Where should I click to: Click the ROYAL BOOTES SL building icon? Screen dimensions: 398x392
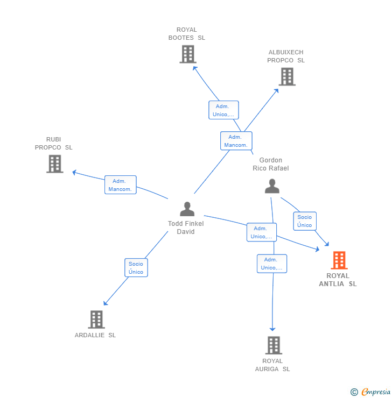pos(187,54)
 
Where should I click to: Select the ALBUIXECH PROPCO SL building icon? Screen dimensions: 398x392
pos(287,77)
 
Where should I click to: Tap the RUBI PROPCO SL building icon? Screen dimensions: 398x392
pos(54,164)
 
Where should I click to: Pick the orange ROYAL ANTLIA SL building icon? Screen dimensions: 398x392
pos(339,260)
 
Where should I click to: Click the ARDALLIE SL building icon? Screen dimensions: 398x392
pos(96,319)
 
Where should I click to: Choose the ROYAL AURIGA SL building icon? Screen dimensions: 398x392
pos(274,345)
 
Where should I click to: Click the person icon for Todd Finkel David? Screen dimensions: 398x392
pos(187,209)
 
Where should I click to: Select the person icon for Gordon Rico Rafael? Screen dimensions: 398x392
pos(272,186)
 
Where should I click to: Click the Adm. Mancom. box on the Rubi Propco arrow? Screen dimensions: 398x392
pos(120,185)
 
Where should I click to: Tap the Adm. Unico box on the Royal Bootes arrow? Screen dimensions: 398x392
pos(223,110)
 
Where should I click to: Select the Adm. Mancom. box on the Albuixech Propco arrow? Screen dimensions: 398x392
pos(236,141)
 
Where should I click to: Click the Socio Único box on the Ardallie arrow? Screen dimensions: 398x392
pos(136,268)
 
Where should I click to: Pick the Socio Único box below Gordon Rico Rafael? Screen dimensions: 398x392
pos(305,221)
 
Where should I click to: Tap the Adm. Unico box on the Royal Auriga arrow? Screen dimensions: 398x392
pos(271,264)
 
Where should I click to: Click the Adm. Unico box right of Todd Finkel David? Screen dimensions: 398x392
pos(262,232)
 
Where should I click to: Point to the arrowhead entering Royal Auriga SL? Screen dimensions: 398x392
pos(272,329)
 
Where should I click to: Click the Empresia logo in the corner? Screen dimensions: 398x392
pos(371,392)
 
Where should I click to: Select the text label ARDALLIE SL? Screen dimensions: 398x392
pos(95,335)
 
